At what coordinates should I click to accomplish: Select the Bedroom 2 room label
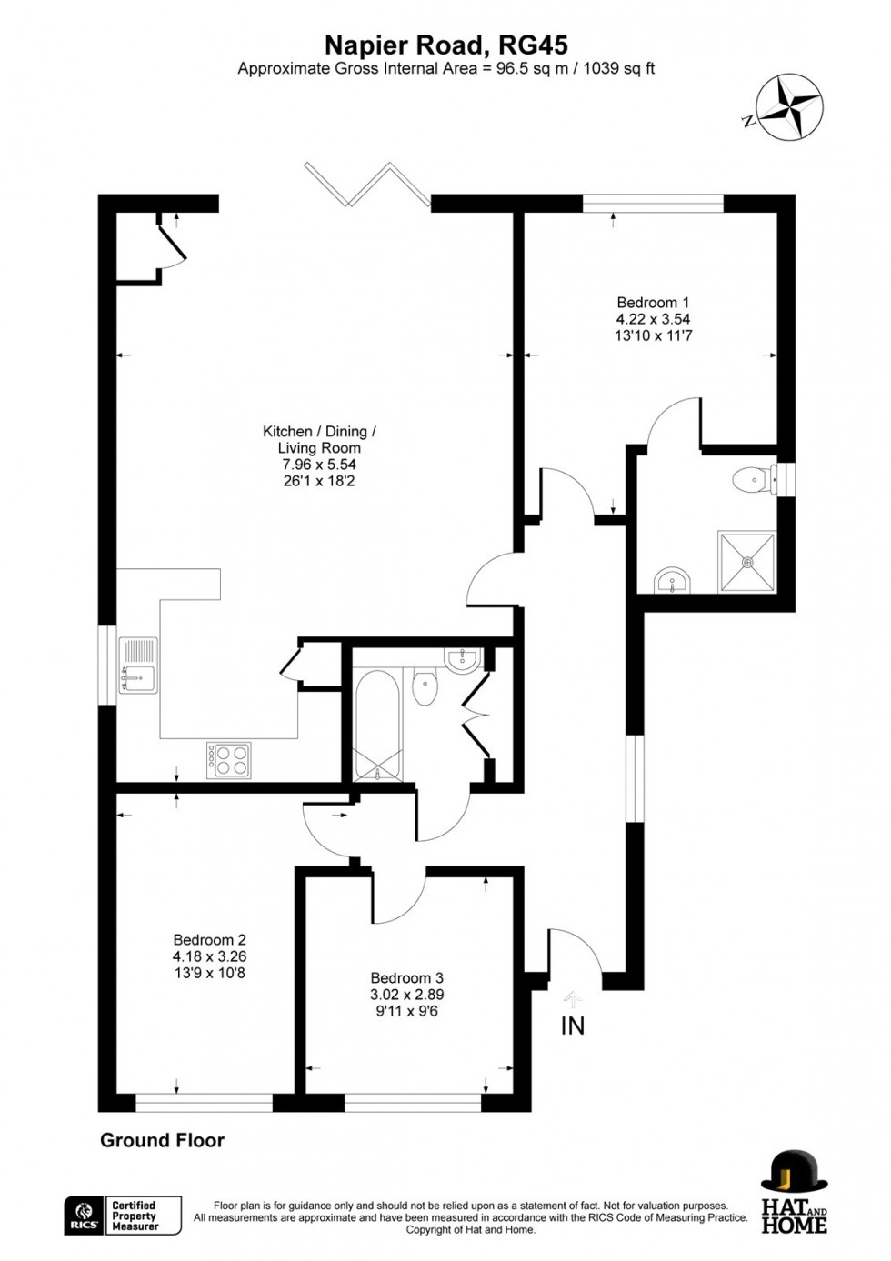point(209,940)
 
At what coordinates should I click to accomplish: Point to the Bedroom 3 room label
point(406,978)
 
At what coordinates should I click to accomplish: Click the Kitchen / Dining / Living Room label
point(318,439)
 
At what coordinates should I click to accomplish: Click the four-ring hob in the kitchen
point(229,760)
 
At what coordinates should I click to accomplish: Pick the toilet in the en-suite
point(751,479)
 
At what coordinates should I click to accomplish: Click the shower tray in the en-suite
point(747,562)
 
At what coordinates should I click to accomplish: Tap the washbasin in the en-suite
point(674,579)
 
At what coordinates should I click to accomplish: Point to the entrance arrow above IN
point(573,999)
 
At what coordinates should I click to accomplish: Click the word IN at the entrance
point(573,1026)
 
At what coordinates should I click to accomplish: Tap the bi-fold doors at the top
point(367,185)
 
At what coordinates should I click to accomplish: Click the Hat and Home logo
point(794,1192)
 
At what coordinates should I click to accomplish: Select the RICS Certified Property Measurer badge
point(124,1215)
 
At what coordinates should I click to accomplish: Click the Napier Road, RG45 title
point(446,45)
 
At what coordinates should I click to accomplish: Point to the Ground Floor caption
point(162,1140)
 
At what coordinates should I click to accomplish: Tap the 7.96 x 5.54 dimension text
point(318,465)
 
